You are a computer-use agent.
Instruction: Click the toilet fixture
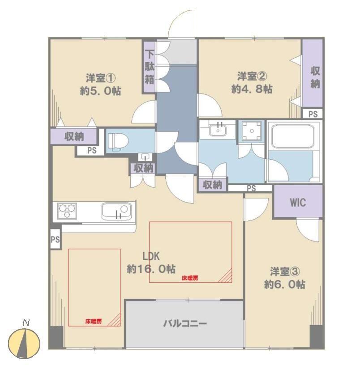(x=118, y=142)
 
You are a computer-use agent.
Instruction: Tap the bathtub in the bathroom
(x=293, y=136)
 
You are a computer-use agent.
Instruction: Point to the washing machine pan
(x=252, y=131)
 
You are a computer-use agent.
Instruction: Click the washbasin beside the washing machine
(x=218, y=129)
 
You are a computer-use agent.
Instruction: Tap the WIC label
(x=298, y=203)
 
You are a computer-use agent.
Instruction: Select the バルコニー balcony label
(x=185, y=323)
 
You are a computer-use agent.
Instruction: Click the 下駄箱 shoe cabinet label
(x=150, y=67)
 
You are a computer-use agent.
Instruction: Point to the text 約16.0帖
(x=151, y=269)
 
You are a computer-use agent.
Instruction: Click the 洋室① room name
(x=101, y=78)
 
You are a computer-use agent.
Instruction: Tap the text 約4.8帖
(x=252, y=89)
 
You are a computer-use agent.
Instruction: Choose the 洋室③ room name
(x=285, y=271)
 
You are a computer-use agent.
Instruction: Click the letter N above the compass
(x=26, y=323)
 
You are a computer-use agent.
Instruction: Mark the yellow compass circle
(x=24, y=343)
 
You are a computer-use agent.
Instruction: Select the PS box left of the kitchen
(x=55, y=239)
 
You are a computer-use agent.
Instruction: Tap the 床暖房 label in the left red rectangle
(x=93, y=322)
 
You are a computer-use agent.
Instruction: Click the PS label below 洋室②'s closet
(x=313, y=114)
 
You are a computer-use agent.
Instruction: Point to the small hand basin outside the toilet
(x=145, y=157)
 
